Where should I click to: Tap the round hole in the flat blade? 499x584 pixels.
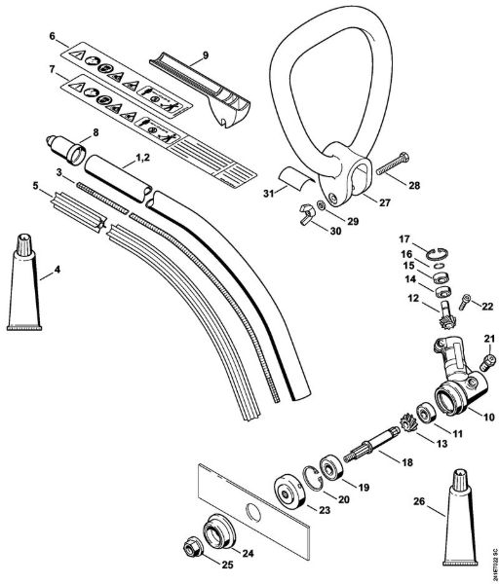click(252, 510)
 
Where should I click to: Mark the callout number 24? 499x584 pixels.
click(247, 554)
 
